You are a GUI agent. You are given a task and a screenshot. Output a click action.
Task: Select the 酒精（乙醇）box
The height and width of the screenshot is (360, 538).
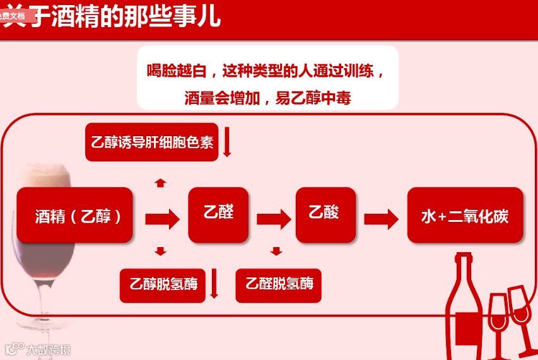(75, 216)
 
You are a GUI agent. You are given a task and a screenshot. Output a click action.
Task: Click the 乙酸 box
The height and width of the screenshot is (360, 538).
(324, 213)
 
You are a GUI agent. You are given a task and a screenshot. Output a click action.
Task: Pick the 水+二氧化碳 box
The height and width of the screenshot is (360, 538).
(465, 216)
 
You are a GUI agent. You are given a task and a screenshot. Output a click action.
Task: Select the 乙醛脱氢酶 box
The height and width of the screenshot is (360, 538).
(278, 283)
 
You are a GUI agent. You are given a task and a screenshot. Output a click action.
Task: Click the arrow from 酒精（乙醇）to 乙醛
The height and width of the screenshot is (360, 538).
(161, 219)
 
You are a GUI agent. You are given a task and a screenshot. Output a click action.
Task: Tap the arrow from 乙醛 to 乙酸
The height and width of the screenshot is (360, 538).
(272, 219)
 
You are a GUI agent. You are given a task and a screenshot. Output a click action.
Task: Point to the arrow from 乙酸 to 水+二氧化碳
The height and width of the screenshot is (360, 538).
(380, 219)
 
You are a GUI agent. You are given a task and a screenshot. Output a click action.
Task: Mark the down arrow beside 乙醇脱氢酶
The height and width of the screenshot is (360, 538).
(214, 284)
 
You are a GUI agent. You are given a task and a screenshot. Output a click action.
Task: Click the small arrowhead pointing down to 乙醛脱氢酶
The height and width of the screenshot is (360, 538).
(276, 252)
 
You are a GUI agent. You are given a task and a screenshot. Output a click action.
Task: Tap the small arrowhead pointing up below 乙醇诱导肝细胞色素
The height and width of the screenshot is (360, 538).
(160, 183)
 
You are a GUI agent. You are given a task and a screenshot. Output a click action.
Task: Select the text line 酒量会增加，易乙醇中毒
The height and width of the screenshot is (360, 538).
(267, 98)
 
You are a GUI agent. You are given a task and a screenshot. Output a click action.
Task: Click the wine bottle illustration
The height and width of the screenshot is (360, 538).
(465, 303)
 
